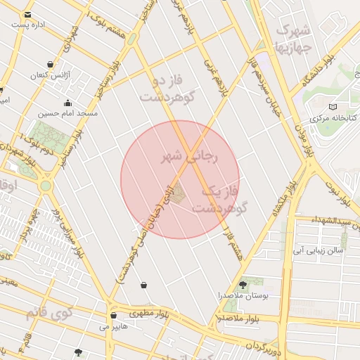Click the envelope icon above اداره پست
coord(27,15)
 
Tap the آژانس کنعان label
coord(49,75)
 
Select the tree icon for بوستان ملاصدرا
coord(243,285)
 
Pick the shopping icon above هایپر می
coord(113,316)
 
